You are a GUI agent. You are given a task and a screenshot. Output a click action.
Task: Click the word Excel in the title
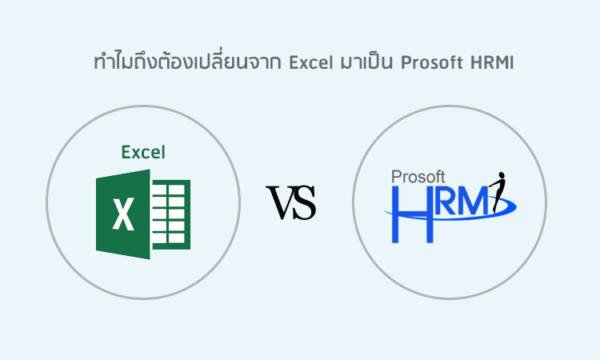[x=310, y=62]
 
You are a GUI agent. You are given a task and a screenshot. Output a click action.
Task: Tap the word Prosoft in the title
[x=432, y=62]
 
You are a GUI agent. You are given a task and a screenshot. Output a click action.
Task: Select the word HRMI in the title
[x=492, y=62]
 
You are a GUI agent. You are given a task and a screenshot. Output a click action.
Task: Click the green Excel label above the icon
[x=143, y=152]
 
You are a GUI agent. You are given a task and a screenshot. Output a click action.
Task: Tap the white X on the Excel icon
[x=123, y=214]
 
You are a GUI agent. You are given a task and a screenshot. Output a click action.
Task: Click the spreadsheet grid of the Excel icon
[x=170, y=214]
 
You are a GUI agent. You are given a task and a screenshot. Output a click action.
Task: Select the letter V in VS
[x=282, y=202]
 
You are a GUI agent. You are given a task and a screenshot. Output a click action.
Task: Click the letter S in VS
[x=305, y=202]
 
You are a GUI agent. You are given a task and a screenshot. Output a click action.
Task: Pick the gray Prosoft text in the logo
[x=418, y=177]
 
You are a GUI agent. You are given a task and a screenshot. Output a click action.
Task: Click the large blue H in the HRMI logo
[x=413, y=214]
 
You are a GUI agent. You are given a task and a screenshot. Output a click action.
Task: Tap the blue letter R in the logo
[x=447, y=201]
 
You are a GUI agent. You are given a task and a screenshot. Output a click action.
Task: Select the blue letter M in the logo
[x=474, y=201]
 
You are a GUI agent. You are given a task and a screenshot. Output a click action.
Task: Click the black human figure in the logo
[x=498, y=192]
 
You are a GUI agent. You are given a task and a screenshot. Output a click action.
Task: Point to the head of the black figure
[x=502, y=175]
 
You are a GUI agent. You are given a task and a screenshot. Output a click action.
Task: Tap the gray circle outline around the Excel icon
[x=46, y=202]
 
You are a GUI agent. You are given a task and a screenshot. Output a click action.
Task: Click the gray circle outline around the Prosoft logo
[x=353, y=202]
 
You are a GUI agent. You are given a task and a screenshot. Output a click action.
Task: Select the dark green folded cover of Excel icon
[x=123, y=214]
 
